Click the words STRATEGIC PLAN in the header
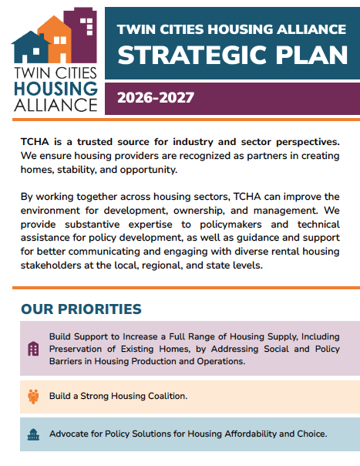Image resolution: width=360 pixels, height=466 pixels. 230,56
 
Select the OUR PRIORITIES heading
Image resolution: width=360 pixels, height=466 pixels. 81,309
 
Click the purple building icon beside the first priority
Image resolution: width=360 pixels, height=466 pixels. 33,349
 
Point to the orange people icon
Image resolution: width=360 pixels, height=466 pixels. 33,396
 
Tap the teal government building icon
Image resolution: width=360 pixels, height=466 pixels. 33,434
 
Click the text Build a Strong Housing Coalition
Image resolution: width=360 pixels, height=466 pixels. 118,396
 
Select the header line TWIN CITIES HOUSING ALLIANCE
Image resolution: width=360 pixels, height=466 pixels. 230,29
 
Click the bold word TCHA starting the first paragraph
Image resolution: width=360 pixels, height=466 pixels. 35,143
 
